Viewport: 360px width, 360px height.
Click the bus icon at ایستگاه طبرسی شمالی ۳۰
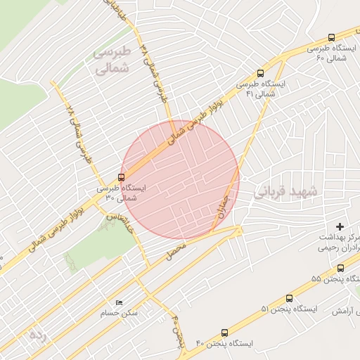(122, 176)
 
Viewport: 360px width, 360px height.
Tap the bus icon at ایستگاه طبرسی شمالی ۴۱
(261, 72)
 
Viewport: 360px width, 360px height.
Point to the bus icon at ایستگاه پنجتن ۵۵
(340, 268)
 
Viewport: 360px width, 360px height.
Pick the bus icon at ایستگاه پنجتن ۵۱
(289, 298)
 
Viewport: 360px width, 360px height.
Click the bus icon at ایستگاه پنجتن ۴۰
(224, 333)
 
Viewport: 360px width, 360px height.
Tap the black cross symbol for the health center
(341, 226)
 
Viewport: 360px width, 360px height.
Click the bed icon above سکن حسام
(118, 302)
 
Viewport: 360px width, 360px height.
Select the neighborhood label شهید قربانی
(285, 191)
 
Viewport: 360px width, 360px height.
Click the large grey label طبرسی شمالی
(112, 60)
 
